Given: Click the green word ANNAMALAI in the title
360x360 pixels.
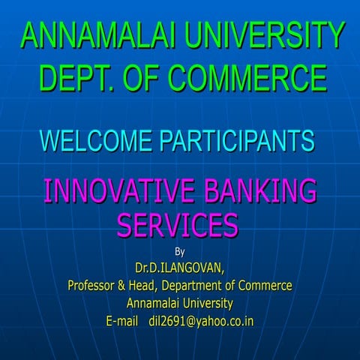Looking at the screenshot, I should [x=94, y=35].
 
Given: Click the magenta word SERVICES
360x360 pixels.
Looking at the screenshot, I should [x=178, y=223].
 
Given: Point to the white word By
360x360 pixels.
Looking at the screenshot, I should [x=180, y=250].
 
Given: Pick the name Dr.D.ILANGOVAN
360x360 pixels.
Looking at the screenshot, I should [x=180, y=267].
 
